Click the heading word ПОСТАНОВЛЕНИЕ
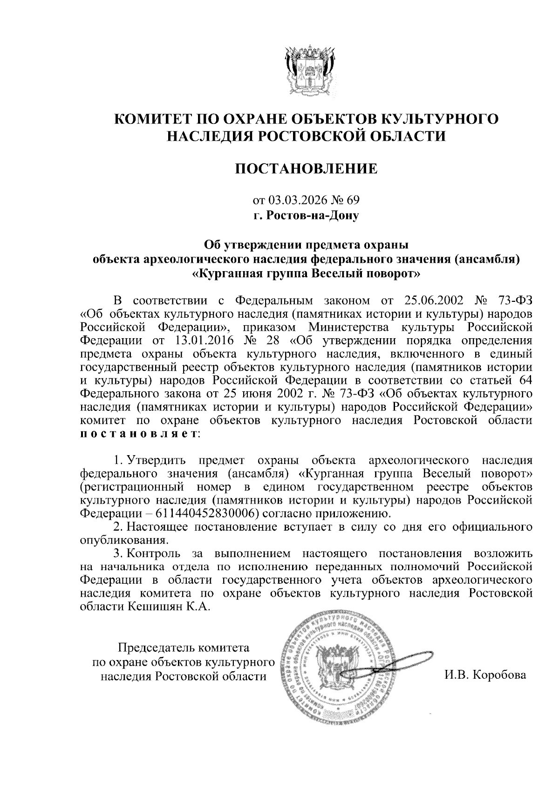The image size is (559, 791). point(306,168)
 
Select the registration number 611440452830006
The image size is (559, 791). point(204,513)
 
